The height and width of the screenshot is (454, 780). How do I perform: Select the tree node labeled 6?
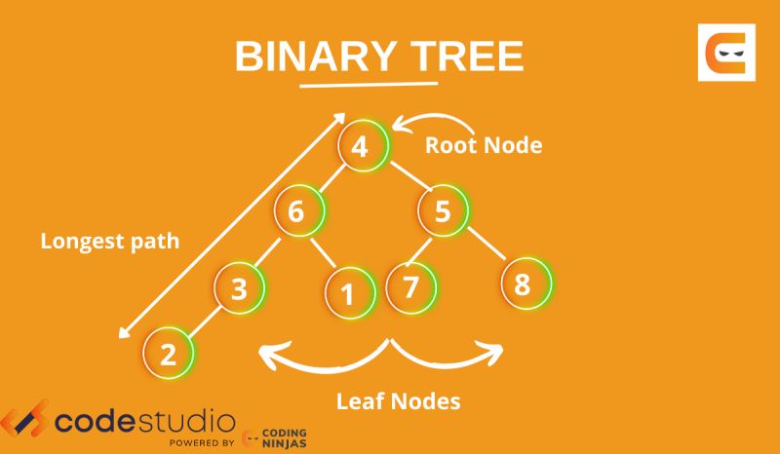click(298, 211)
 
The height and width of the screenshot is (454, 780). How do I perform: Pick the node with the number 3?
click(241, 287)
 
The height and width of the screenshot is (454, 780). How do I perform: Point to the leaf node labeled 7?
click(410, 286)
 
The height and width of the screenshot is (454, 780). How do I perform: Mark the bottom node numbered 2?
click(169, 353)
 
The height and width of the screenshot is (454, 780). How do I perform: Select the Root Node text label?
click(483, 145)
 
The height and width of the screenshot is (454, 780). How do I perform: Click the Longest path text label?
click(109, 240)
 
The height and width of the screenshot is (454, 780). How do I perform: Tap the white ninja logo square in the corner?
click(725, 54)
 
